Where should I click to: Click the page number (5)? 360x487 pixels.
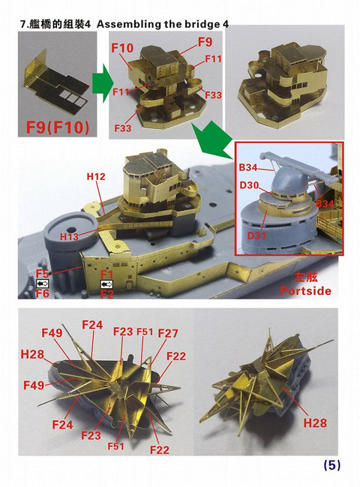click(331, 465)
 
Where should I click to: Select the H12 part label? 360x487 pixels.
click(95, 176)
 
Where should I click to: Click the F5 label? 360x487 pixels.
click(42, 274)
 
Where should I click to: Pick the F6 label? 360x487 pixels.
click(42, 295)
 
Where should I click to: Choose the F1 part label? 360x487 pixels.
click(106, 274)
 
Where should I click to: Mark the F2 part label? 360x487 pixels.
click(106, 295)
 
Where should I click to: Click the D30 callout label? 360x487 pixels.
click(249, 186)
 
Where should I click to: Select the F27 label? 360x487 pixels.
click(168, 333)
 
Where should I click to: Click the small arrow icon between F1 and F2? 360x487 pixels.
click(106, 284)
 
